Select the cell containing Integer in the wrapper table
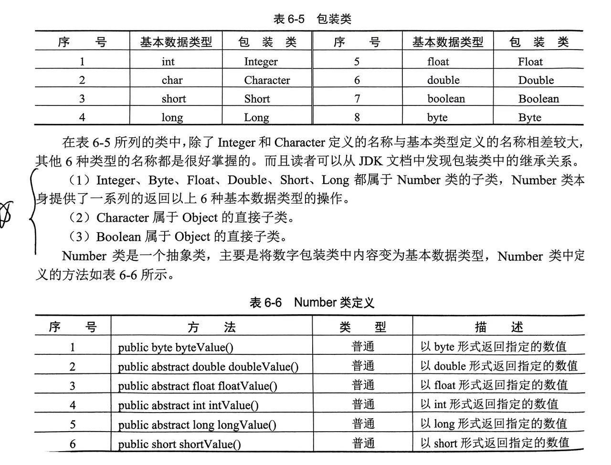tap(261, 62)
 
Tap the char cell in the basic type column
tap(172, 80)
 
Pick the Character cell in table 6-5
tap(267, 80)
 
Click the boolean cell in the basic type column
tap(446, 99)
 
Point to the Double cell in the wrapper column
tap(536, 80)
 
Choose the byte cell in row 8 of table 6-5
tap(437, 117)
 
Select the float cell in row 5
tap(438, 62)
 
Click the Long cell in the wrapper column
tap(256, 117)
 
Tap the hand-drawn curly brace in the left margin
tap(33, 210)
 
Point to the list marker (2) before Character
tap(79, 218)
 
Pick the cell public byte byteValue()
tap(176, 347)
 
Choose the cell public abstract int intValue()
tap(188, 405)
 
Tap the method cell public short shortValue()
tap(179, 444)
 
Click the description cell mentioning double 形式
tap(499, 366)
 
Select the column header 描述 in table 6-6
tap(499, 327)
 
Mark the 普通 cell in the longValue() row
tap(363, 424)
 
